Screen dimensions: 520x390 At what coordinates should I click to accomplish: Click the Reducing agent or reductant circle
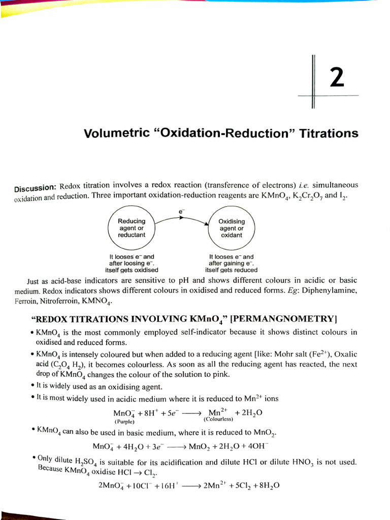[x=132, y=228]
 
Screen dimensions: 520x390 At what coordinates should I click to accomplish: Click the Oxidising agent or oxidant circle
[x=232, y=229]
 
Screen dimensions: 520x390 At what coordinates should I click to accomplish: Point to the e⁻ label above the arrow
[x=181, y=211]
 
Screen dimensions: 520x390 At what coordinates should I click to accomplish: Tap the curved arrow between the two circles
[x=181, y=219]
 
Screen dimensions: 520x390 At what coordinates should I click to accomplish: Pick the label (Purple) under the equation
[x=124, y=421]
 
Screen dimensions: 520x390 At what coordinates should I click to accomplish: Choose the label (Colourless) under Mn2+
[x=218, y=419]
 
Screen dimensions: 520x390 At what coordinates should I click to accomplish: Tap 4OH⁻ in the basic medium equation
[x=258, y=447]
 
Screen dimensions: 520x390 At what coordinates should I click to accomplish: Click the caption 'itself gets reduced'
[x=231, y=270]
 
